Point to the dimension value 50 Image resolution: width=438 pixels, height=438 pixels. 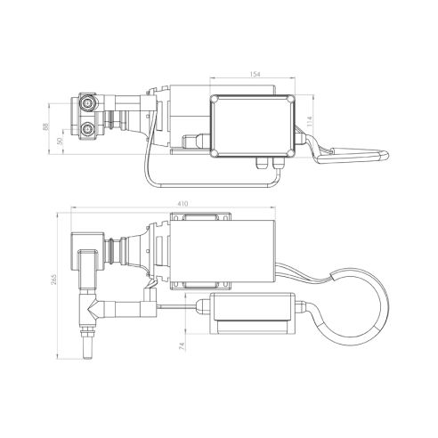click(x=60, y=140)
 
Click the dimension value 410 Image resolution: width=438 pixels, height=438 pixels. click(x=184, y=204)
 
